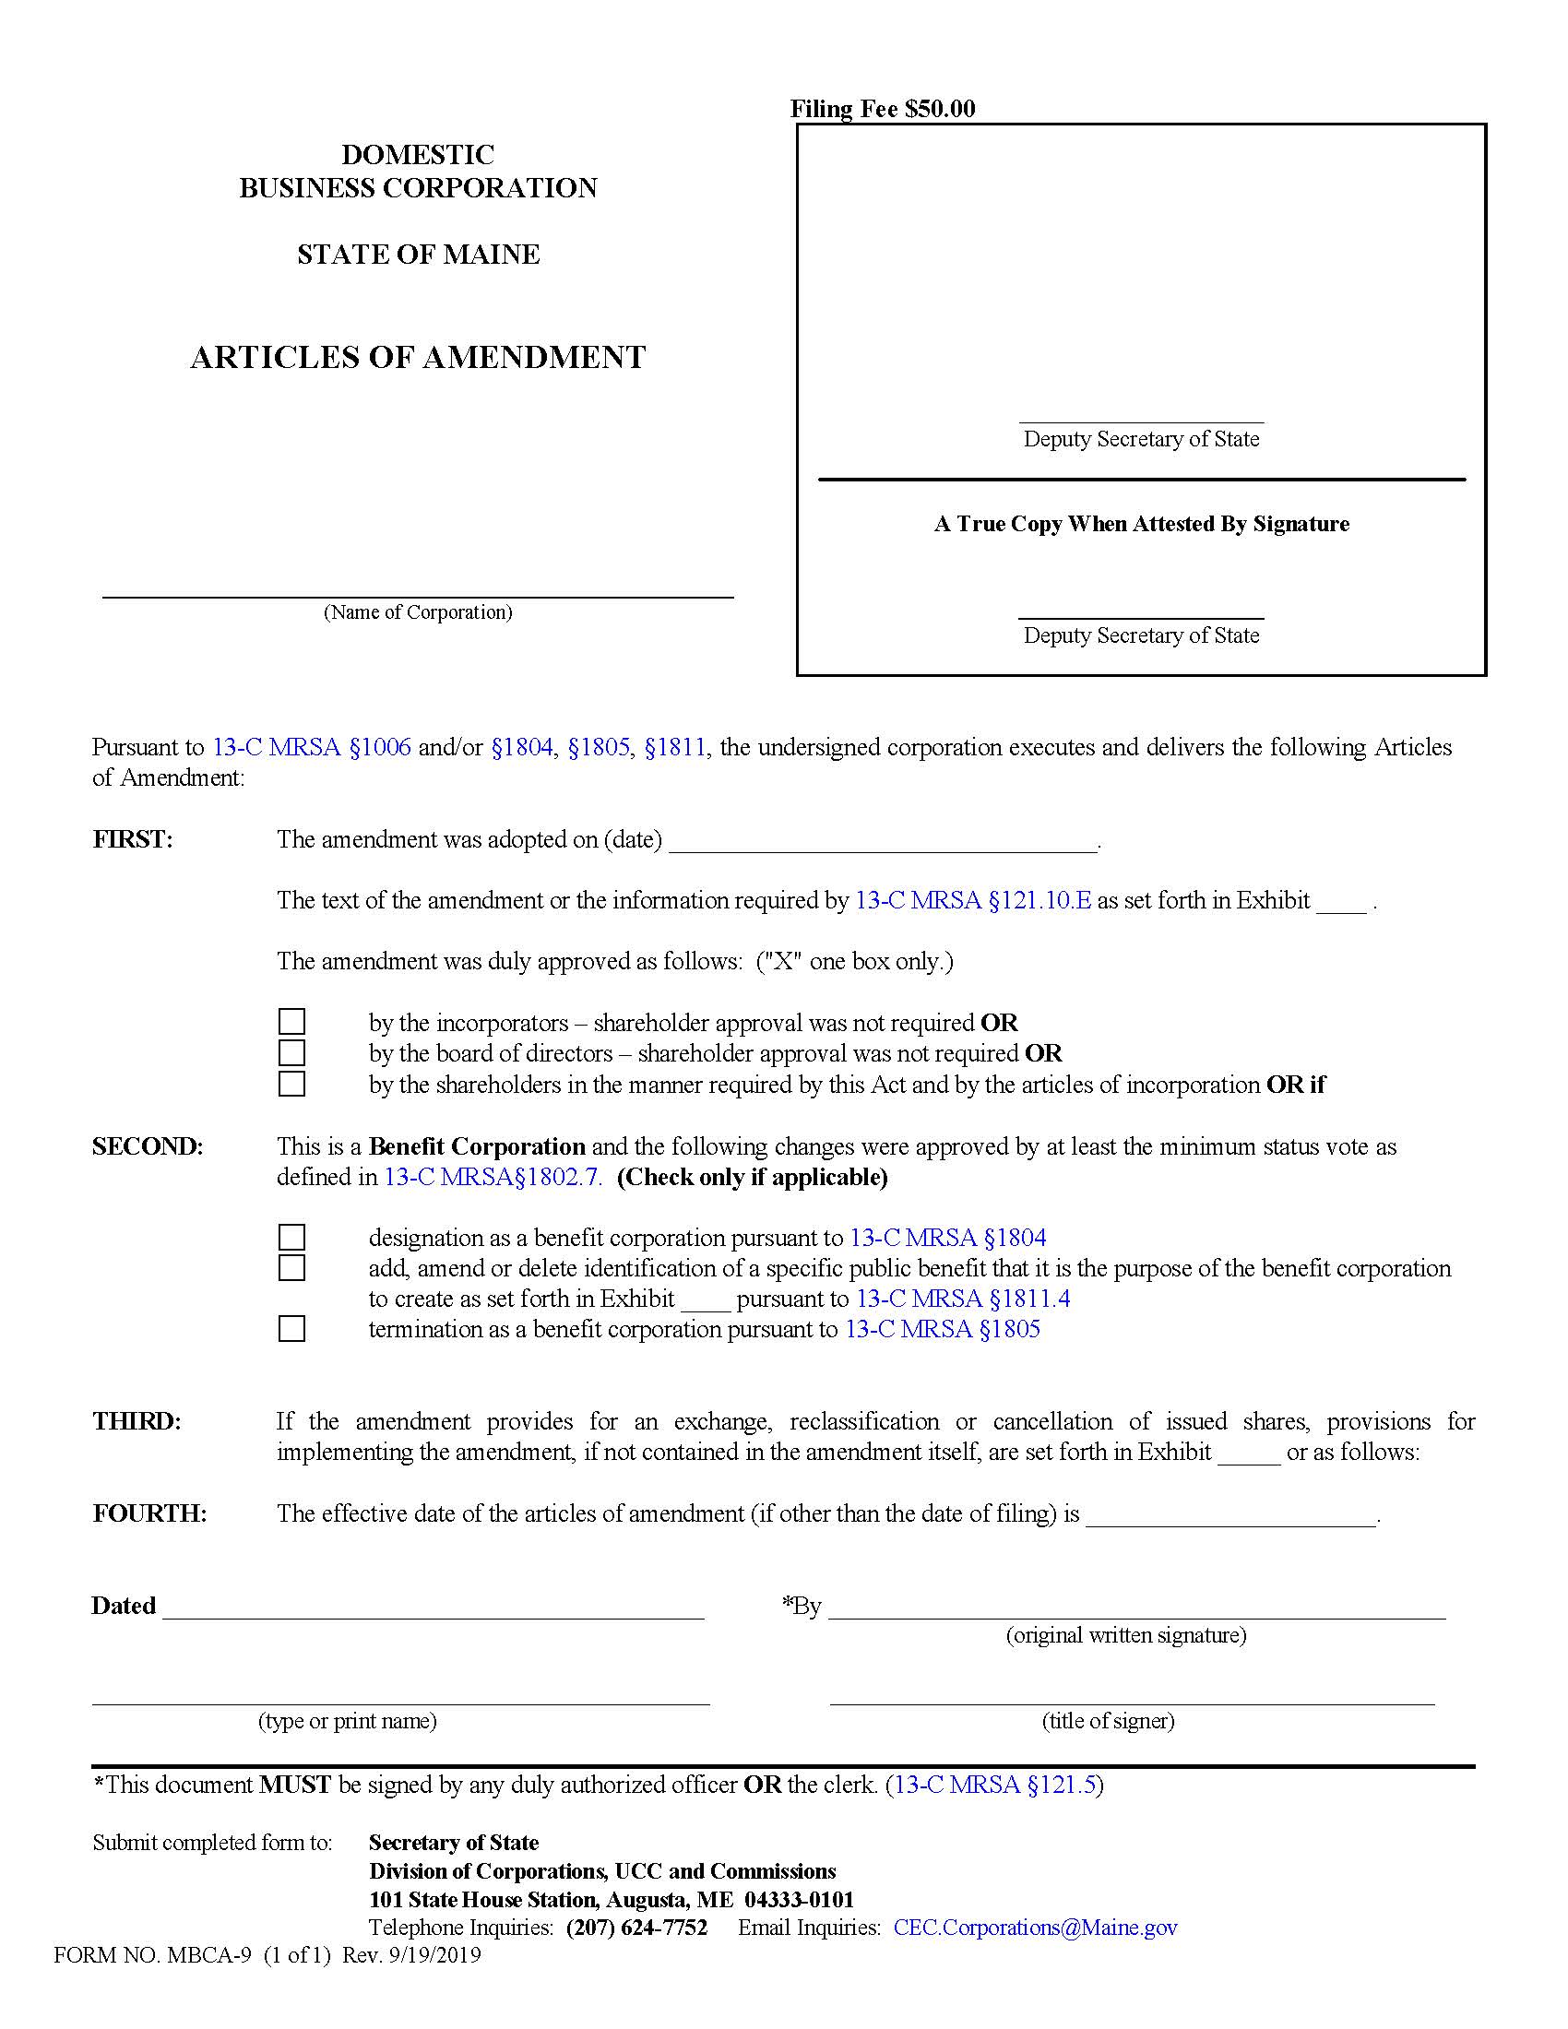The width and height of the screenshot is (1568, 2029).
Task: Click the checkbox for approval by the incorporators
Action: click(x=291, y=1022)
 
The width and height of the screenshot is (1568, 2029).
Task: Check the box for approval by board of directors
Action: click(x=291, y=1052)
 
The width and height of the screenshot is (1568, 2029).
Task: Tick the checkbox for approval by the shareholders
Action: click(x=291, y=1084)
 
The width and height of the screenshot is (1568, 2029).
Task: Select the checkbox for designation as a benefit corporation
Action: click(x=291, y=1238)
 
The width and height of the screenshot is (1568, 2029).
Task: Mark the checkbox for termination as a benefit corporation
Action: click(x=291, y=1328)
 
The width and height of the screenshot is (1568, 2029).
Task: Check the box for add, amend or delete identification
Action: click(x=291, y=1267)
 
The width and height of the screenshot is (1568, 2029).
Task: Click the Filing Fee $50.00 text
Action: click(x=883, y=109)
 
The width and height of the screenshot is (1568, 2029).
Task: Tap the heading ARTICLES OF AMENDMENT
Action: click(x=418, y=358)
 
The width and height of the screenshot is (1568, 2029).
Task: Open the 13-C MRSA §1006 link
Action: click(x=312, y=747)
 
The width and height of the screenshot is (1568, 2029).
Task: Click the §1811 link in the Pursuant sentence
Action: click(x=675, y=747)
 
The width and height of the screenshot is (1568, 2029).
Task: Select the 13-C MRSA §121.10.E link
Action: click(x=972, y=900)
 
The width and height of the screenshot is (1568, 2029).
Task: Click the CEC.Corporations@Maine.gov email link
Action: click(x=1035, y=1928)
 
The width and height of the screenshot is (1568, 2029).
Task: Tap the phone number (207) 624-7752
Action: click(x=636, y=1928)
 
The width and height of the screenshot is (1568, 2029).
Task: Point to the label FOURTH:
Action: click(x=149, y=1513)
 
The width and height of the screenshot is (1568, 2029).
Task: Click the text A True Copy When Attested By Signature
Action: click(x=1142, y=524)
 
